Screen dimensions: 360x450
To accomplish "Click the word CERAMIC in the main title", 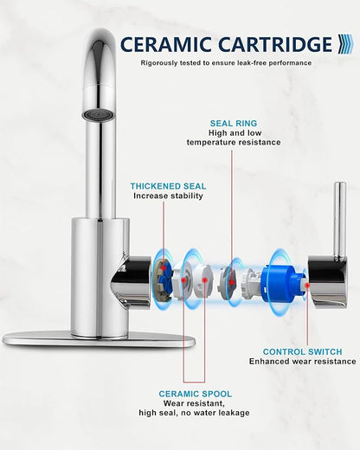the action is [165, 44].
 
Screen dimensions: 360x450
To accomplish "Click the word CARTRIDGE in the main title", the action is [275, 44].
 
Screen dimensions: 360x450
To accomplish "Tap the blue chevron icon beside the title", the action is [345, 44].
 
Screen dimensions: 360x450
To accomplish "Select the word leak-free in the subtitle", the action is [249, 63].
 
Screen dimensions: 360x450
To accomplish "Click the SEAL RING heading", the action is [234, 124].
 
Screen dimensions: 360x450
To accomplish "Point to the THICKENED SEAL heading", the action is [168, 186].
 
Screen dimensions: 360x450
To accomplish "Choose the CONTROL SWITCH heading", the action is [302, 352].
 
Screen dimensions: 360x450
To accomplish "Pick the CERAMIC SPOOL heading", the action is [196, 394].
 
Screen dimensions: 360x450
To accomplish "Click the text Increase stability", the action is [168, 196].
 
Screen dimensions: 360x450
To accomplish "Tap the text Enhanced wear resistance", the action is [303, 362].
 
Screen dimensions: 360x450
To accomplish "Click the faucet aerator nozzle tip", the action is [99, 115].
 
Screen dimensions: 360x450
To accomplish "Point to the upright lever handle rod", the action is [340, 219].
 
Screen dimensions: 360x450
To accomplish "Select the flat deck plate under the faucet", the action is [98, 339].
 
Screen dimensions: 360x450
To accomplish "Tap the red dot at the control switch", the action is [307, 285].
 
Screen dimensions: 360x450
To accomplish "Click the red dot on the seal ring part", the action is [232, 282].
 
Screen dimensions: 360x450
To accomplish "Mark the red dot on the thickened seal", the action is [164, 267].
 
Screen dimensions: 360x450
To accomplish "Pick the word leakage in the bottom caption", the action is [235, 413].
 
